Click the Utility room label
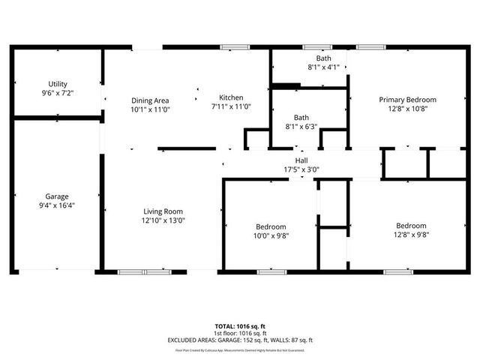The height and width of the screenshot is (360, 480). coord(57,84)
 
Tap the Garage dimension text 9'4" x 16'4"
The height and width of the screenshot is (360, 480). coord(57,205)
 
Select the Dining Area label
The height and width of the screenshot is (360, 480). coord(150,100)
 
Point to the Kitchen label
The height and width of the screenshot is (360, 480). coord(231,97)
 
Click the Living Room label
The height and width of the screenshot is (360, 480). coord(163,211)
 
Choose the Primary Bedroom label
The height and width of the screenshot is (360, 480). coord(407,100)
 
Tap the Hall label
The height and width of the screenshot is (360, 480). coord(301,160)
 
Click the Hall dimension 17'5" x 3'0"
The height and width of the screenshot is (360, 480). coord(301,169)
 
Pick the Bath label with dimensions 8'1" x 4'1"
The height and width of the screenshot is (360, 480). coord(323,58)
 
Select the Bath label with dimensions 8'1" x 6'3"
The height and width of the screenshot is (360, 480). coord(301,118)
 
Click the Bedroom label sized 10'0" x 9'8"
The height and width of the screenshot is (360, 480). coord(271,226)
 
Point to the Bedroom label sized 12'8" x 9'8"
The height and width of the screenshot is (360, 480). coord(411,226)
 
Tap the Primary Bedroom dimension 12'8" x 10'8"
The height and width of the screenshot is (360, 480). coord(407,109)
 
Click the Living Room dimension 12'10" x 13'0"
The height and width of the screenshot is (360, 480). coord(163,220)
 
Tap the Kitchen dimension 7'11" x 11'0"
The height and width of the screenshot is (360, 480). coord(231,106)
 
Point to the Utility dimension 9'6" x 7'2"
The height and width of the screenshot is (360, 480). coord(57,93)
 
